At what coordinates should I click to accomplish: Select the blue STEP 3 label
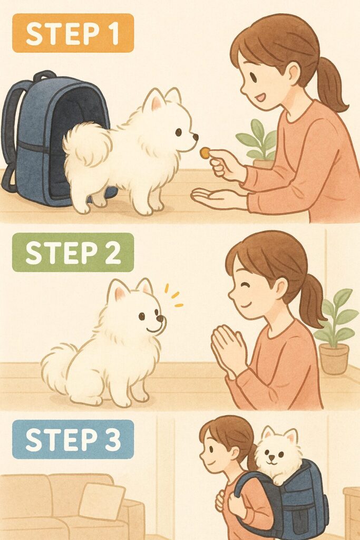[73, 439]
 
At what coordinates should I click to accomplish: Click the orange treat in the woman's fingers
[205, 153]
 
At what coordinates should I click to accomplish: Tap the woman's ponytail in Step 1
[330, 84]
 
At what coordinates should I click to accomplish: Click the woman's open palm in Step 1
[216, 198]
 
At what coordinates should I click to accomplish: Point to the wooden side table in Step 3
[352, 512]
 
